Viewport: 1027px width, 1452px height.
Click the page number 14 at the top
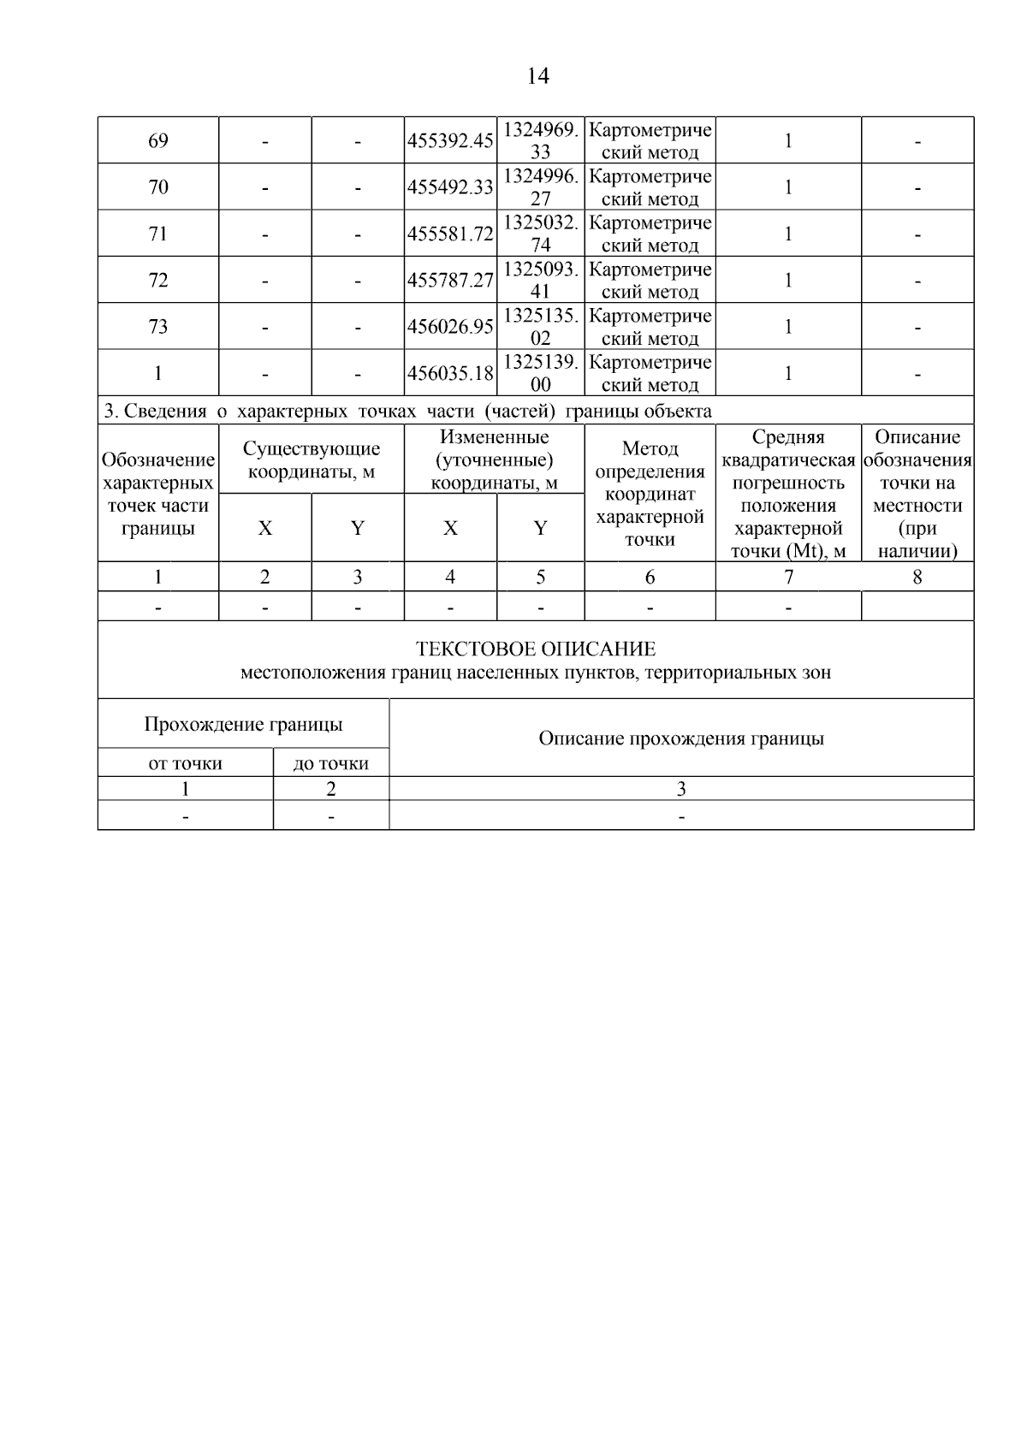pyautogui.click(x=537, y=76)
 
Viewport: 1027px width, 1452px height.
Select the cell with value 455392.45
pyautogui.click(x=450, y=141)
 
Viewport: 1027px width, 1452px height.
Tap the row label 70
pyautogui.click(x=158, y=187)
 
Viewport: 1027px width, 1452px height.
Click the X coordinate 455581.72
pyautogui.click(x=450, y=234)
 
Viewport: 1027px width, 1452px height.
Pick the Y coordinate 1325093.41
pyautogui.click(x=540, y=280)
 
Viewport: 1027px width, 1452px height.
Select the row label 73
pyautogui.click(x=158, y=327)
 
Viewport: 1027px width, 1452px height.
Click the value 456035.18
pyautogui.click(x=450, y=374)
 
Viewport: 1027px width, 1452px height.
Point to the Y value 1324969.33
pyautogui.click(x=540, y=140)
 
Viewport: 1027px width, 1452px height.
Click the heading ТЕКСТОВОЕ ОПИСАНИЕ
pyautogui.click(x=536, y=649)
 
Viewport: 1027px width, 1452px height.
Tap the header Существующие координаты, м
pyautogui.click(x=312, y=460)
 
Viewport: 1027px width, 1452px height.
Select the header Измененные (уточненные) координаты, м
pyautogui.click(x=494, y=460)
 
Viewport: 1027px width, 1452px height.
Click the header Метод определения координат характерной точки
pyautogui.click(x=650, y=494)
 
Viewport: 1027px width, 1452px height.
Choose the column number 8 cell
pyautogui.click(x=917, y=578)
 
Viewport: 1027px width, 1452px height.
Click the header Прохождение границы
pyautogui.click(x=243, y=725)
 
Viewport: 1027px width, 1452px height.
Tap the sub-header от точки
pyautogui.click(x=185, y=763)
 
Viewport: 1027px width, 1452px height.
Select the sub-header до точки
pyautogui.click(x=330, y=763)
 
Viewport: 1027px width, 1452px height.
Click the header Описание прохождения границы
pyautogui.click(x=681, y=738)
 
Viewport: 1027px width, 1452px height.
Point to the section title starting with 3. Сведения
pyautogui.click(x=407, y=412)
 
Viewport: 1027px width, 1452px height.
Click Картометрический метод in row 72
pyautogui.click(x=650, y=280)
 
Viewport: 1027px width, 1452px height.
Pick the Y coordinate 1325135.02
pyautogui.click(x=540, y=327)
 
